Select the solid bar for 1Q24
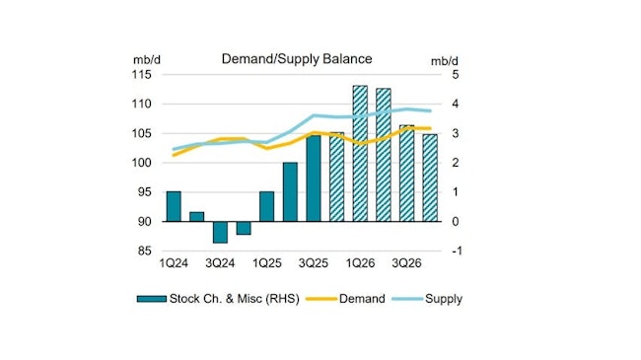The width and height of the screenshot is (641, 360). pos(174,206)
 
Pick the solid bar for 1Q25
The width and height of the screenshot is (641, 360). pos(266,206)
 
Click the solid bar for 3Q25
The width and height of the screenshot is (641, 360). pos(314,179)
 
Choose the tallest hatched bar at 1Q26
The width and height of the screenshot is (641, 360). pos(360,153)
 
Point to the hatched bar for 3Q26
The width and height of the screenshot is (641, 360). pos(406,173)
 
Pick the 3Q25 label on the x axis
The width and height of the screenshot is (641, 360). pos(314,264)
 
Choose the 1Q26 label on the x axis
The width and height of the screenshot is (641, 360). pos(360,264)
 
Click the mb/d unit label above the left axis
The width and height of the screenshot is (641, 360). pos(144,59)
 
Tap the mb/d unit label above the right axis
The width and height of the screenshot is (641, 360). pos(445,59)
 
